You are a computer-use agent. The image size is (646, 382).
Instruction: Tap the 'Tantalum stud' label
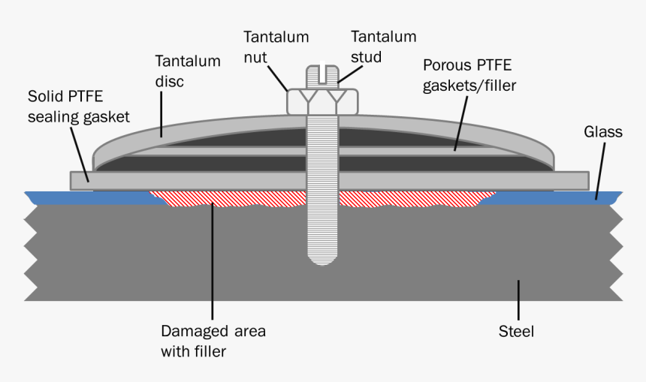pos(383,46)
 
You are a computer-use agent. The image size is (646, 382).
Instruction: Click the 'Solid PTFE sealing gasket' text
pos(79,107)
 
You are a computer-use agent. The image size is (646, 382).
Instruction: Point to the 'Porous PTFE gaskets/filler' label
pos(469,74)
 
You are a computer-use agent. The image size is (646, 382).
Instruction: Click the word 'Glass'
pos(603,132)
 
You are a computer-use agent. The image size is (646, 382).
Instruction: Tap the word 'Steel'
pos(516,331)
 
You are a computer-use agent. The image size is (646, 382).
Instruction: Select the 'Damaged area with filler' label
pos(213,340)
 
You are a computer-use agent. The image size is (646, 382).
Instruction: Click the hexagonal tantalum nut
pos(322,101)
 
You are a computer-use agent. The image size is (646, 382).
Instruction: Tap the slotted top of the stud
pos(321,74)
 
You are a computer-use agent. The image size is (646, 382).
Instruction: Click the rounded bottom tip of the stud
pos(321,259)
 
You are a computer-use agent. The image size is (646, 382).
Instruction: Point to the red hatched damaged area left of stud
pos(225,197)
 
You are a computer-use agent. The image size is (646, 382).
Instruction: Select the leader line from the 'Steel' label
pos(517,299)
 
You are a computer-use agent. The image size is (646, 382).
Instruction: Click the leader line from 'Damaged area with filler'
pos(213,263)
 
